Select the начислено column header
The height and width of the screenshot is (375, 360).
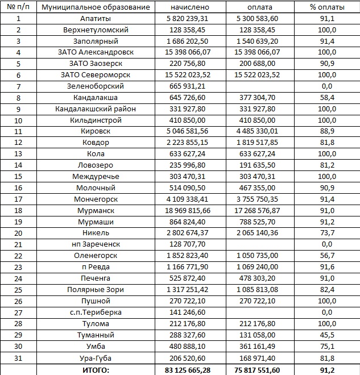tap(190, 7)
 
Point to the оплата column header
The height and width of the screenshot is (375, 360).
tap(260, 7)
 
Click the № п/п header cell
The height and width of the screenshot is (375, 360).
tap(18, 7)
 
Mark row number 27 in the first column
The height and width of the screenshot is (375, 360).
tap(18, 312)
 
